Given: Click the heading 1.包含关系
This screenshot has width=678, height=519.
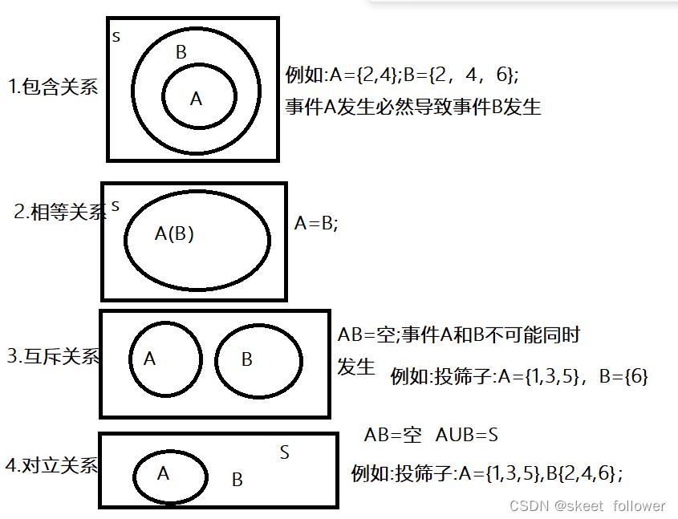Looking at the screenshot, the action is click(53, 87).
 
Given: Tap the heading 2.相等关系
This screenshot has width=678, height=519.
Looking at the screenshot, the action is click(60, 213).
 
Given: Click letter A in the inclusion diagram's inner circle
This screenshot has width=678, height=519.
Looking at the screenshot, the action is click(196, 99).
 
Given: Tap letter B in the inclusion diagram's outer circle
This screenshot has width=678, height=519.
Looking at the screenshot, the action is click(181, 53).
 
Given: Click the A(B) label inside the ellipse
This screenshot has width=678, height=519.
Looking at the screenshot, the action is click(174, 234).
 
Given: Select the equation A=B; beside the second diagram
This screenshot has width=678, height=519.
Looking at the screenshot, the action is click(316, 224).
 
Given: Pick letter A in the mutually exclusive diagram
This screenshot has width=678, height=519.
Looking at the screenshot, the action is click(149, 359).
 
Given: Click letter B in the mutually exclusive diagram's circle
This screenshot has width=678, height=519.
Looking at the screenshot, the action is click(246, 359).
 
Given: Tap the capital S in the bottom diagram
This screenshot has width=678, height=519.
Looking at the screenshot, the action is click(284, 452).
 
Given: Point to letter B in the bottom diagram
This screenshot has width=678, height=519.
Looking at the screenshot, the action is click(237, 480).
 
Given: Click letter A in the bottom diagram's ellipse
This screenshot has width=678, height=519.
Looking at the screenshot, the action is click(163, 473).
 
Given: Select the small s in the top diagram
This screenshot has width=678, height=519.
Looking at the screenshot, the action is click(116, 37).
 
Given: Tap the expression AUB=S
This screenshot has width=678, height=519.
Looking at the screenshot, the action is click(467, 436).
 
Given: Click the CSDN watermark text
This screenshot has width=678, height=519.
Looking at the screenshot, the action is click(587, 506).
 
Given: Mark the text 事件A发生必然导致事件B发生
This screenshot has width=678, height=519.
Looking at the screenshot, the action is click(413, 107).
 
